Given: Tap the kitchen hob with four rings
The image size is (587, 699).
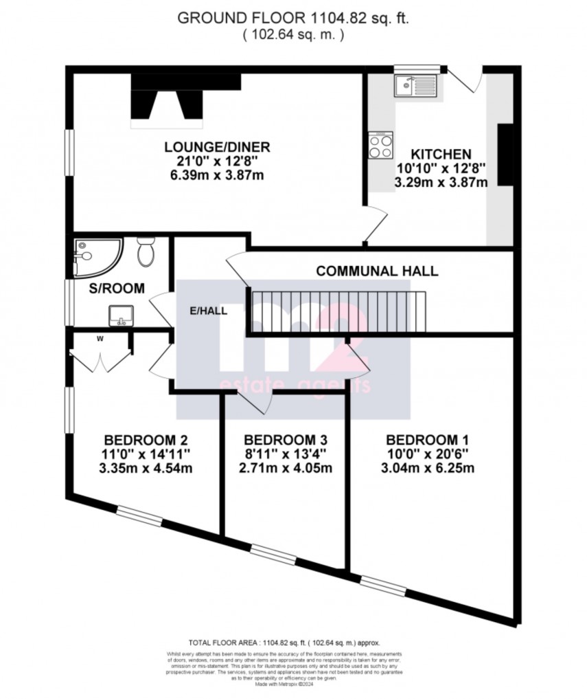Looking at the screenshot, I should [382, 144].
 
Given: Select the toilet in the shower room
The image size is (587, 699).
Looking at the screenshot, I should [146, 253].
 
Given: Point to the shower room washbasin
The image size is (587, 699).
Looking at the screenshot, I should [121, 315].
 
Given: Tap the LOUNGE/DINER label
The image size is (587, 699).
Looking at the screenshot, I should [216, 147].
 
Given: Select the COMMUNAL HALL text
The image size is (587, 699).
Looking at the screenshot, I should [377, 271].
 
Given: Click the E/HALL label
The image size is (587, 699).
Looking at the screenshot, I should [209, 310].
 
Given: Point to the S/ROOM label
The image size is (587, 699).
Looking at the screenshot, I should [117, 289].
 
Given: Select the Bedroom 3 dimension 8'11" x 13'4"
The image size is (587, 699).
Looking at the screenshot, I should [285, 454].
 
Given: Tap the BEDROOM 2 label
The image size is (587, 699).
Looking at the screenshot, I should [146, 440].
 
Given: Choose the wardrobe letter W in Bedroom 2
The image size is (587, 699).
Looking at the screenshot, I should [100, 337].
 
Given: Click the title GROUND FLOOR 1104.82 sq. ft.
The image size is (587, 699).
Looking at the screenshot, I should [293, 19].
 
